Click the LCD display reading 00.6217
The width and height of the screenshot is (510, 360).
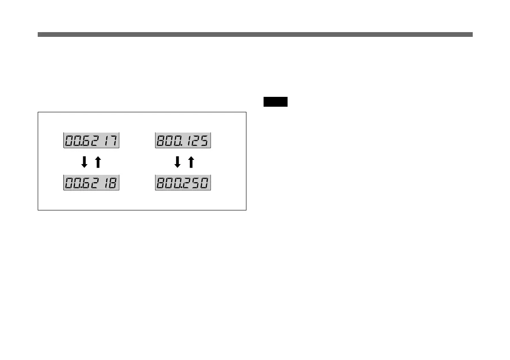91,141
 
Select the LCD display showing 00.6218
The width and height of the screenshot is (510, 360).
91,183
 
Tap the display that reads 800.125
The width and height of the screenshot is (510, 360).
183,141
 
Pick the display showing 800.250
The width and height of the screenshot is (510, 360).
183,183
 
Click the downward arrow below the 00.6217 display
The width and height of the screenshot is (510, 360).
84,162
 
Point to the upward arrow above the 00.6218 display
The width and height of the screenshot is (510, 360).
98,162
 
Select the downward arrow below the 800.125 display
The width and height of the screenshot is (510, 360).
177,162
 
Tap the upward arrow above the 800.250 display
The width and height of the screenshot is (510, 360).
191,162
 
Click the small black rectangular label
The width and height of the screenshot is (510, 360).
275,102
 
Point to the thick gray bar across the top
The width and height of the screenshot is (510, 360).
255,34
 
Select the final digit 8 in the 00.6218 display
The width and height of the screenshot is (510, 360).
113,183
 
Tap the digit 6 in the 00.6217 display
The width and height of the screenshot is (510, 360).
87,141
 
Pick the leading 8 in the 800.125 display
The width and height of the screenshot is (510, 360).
161,141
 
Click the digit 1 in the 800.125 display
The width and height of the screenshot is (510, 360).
189,141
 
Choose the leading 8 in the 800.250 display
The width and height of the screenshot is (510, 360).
161,183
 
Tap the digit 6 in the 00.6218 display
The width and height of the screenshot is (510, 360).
87,183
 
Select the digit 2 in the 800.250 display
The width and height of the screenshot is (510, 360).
187,183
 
